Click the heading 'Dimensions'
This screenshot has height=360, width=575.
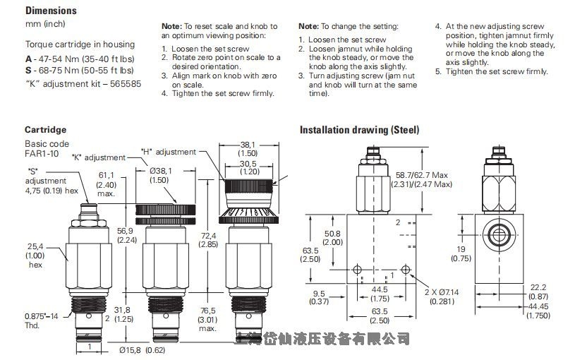(51, 11)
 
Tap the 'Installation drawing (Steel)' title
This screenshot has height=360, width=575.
(359, 130)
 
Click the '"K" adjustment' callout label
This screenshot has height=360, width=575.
(99, 157)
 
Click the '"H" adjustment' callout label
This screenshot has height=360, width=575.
(169, 152)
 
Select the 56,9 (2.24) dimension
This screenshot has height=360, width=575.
(128, 234)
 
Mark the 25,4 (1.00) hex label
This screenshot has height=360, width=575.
(35, 256)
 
